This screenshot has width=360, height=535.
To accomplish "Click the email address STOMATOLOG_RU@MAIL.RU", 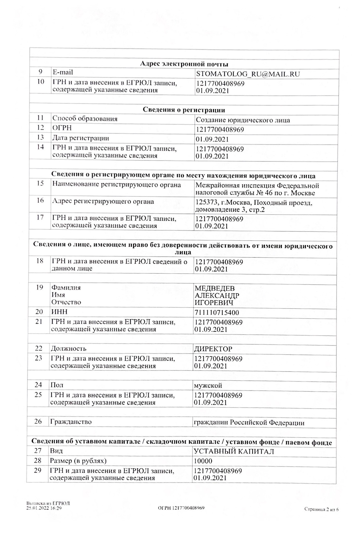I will pyautogui.click(x=248, y=74).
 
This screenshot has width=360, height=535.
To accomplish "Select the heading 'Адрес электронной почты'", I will pyautogui.click(x=184, y=64).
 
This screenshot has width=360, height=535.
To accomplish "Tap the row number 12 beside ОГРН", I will pyautogui.click(x=40, y=128).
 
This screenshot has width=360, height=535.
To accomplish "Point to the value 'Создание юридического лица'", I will pyautogui.click(x=243, y=120).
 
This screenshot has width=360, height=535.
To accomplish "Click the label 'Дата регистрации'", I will pyautogui.click(x=81, y=138).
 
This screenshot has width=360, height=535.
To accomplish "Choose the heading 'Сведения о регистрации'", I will pyautogui.click(x=184, y=110).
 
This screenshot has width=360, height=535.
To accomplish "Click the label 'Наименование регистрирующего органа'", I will pyautogui.click(x=116, y=185).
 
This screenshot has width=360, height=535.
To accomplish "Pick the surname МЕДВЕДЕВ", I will pyautogui.click(x=214, y=289).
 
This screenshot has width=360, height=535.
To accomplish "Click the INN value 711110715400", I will pyautogui.click(x=216, y=313).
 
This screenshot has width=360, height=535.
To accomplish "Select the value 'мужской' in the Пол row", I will pyautogui.click(x=208, y=386).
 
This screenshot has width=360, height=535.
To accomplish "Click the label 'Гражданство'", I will pyautogui.click(x=71, y=422).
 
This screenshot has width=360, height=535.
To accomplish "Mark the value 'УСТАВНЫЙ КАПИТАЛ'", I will pyautogui.click(x=234, y=452).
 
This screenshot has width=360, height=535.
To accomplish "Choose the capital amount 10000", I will pyautogui.click(x=203, y=461).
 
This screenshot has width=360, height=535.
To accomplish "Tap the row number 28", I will pyautogui.click(x=38, y=461).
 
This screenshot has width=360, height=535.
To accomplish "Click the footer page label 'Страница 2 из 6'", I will pyautogui.click(x=321, y=509).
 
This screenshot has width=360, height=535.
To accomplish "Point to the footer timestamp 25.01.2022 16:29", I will pyautogui.click(x=44, y=508).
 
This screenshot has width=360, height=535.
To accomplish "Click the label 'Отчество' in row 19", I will pyautogui.click(x=66, y=302).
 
